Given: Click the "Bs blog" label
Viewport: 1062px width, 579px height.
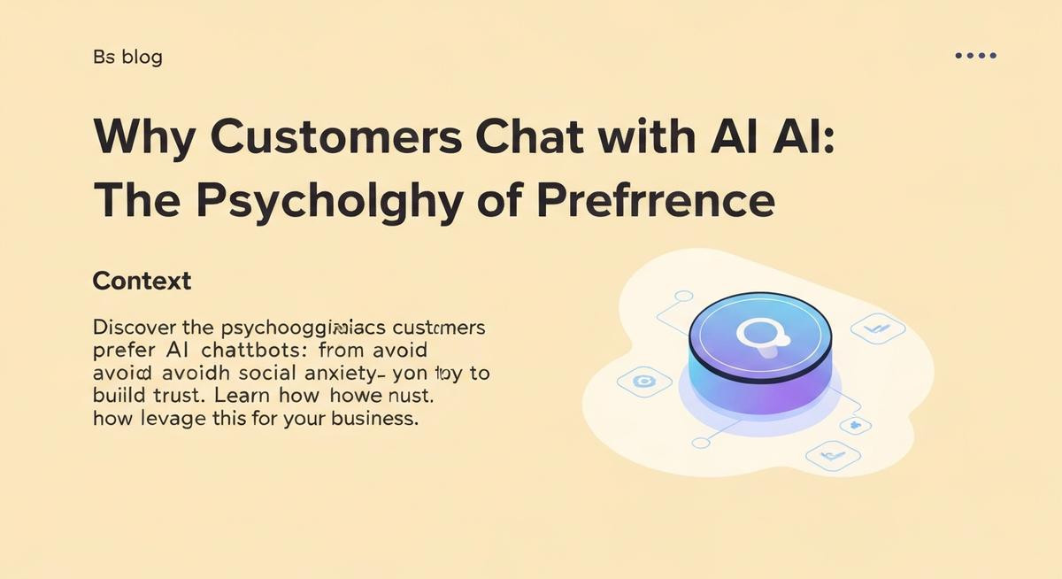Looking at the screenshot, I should coord(127,58).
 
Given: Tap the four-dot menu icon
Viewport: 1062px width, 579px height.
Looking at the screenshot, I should coord(975,56).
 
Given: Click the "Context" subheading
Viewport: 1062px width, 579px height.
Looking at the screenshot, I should coord(142,282).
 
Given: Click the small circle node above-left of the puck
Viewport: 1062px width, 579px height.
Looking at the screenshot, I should coord(682,297).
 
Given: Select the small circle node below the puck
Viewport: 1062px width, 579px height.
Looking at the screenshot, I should coord(702,442).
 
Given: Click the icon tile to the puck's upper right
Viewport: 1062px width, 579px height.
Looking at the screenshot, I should coord(877,329).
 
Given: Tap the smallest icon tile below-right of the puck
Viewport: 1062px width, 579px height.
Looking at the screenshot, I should coord(854,425).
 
